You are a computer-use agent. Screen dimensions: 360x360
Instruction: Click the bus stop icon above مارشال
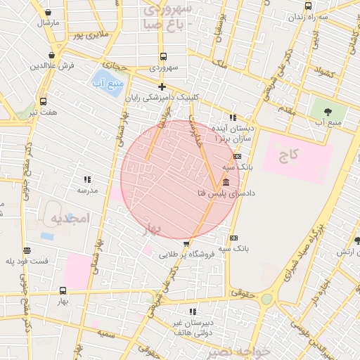(48, 12)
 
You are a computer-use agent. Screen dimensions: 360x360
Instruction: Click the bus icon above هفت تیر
(43, 101)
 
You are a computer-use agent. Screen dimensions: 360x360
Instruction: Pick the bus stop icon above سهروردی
(163, 57)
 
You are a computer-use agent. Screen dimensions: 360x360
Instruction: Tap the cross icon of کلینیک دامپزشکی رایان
(162, 87)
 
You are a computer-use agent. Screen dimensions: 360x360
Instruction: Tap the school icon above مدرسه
(87, 180)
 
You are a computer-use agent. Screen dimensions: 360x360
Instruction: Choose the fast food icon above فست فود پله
(27, 250)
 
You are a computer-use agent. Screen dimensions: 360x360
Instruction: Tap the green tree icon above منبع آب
(329, 111)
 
